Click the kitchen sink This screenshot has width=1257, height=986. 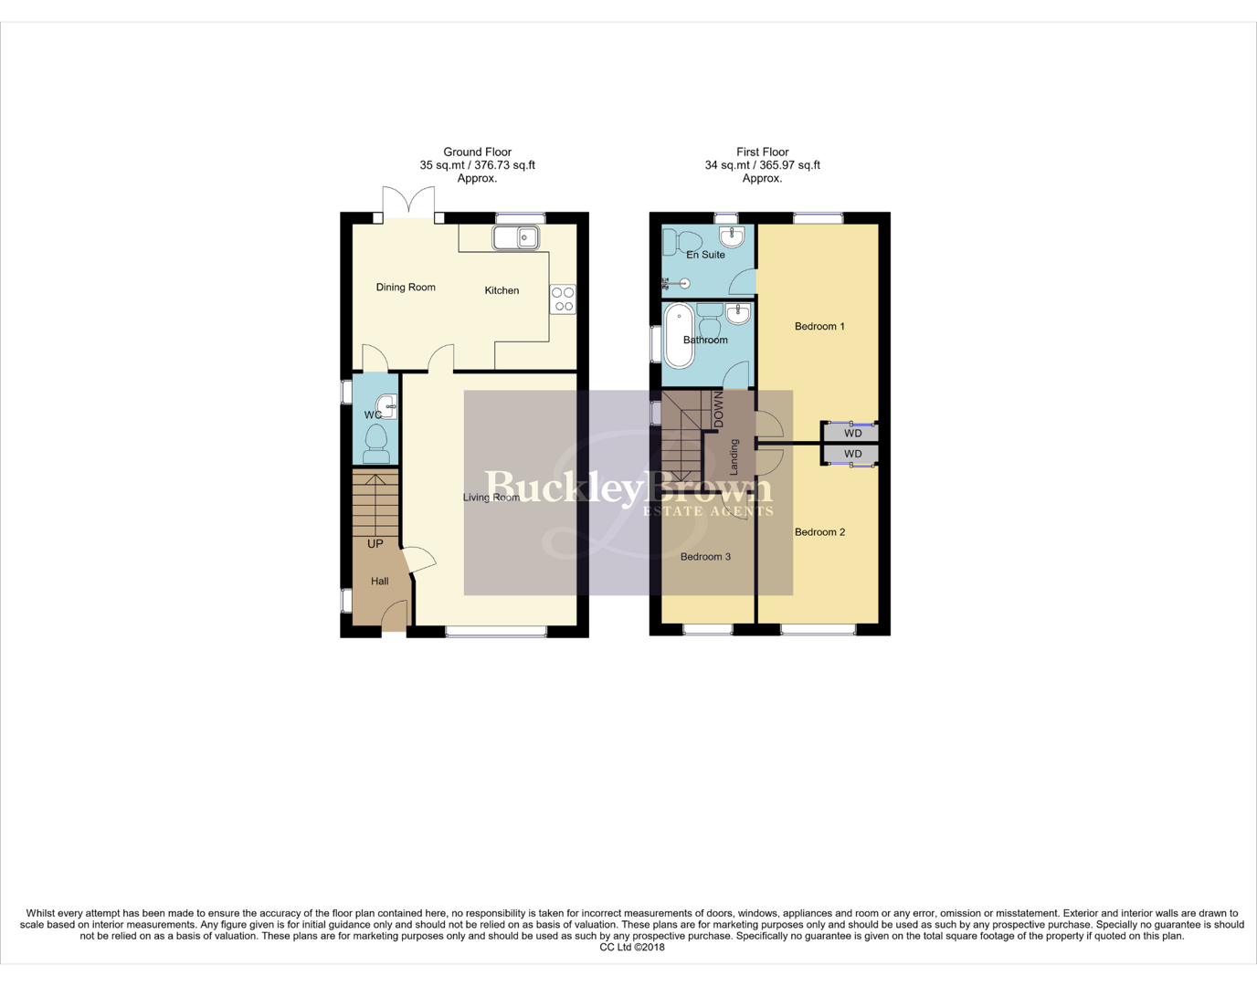point(516,237)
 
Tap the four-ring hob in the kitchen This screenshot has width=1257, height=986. point(563,299)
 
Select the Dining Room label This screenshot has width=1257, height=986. point(406,288)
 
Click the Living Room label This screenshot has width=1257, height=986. point(491,498)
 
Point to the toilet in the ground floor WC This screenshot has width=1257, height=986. point(376,445)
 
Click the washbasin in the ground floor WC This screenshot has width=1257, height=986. point(387,405)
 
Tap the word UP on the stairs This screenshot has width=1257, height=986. point(375,544)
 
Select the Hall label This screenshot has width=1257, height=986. point(380,582)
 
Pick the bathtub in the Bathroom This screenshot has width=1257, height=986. point(679,336)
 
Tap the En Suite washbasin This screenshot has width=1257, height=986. point(733,236)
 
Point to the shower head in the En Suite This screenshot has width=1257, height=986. point(681,283)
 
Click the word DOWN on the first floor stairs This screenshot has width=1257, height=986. point(718,409)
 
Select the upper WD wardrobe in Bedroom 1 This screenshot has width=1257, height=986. point(852,434)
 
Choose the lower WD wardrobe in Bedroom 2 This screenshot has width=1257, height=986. point(852,454)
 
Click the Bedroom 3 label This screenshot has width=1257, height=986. point(705,557)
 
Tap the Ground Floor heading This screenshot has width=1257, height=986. point(477,152)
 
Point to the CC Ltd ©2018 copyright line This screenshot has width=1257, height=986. point(632,948)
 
